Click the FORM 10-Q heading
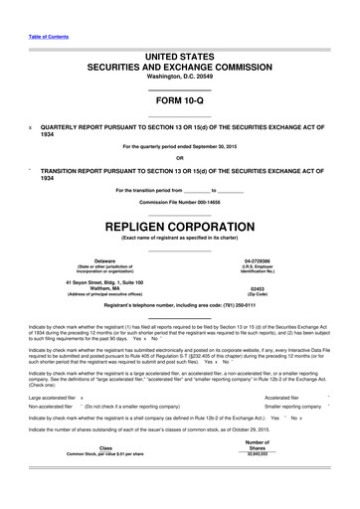[x=179, y=102]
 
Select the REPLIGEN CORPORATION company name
[x=179, y=228]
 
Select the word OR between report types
[x=179, y=158]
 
